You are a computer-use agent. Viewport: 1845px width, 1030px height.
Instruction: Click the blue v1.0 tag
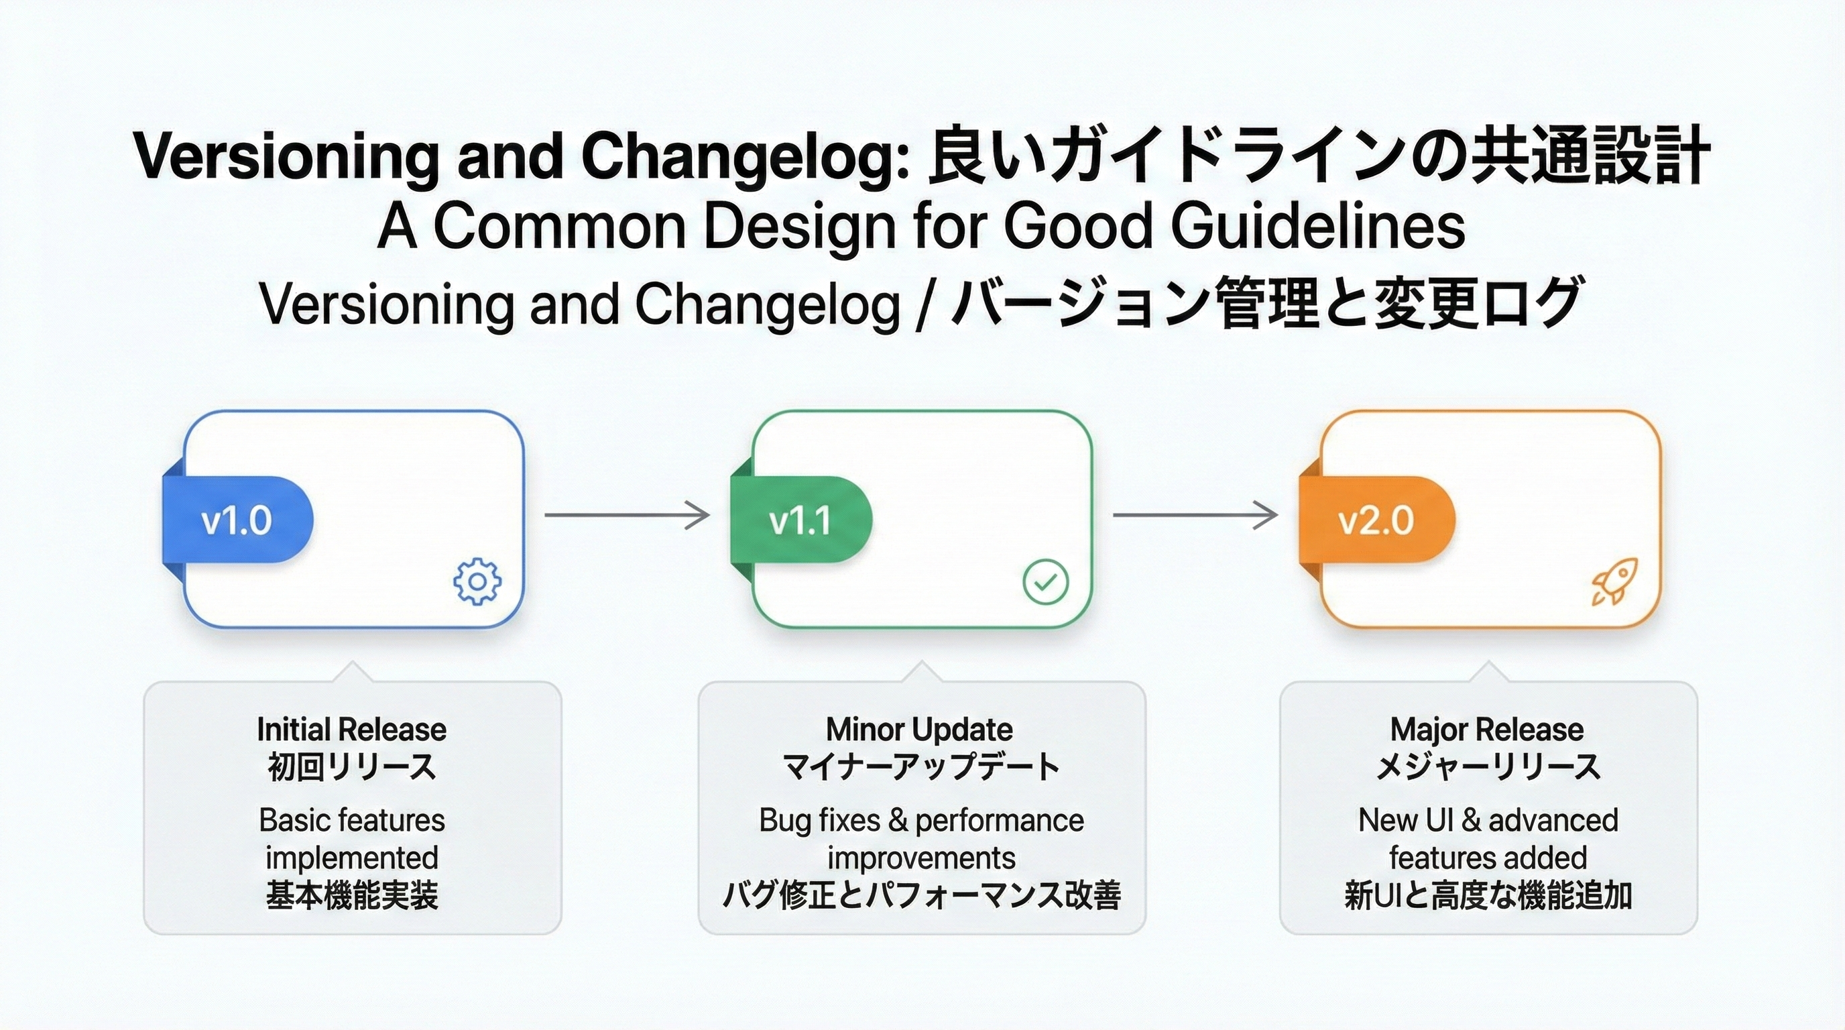(x=237, y=520)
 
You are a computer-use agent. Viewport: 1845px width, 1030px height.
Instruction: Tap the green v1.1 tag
(x=800, y=520)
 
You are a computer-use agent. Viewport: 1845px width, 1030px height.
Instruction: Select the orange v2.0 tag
(x=1376, y=520)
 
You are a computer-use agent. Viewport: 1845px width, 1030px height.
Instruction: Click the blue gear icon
(x=478, y=581)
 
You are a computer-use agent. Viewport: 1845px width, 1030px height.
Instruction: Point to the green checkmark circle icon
(x=1046, y=581)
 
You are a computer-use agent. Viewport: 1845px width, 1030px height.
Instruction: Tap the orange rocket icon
(x=1613, y=581)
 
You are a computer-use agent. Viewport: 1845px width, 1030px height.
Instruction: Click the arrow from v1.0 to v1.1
(x=627, y=515)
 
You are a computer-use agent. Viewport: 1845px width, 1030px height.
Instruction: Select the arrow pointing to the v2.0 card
(x=1195, y=515)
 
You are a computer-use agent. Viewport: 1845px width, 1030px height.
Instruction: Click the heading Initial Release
(x=352, y=730)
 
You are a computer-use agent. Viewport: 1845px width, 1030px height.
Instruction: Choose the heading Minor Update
(x=920, y=730)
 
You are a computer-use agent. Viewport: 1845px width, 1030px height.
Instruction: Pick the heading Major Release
(x=1487, y=730)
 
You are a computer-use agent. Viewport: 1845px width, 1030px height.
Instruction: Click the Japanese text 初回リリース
(x=352, y=767)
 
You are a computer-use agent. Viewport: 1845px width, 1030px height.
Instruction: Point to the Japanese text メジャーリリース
(x=1488, y=767)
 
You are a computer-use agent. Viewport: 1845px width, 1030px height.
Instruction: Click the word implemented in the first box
(x=352, y=858)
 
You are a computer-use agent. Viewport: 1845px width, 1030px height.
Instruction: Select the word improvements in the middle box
(x=921, y=858)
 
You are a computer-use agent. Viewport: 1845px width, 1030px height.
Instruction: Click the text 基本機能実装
(x=352, y=896)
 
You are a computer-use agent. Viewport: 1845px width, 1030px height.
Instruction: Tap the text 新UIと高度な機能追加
(x=1488, y=896)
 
